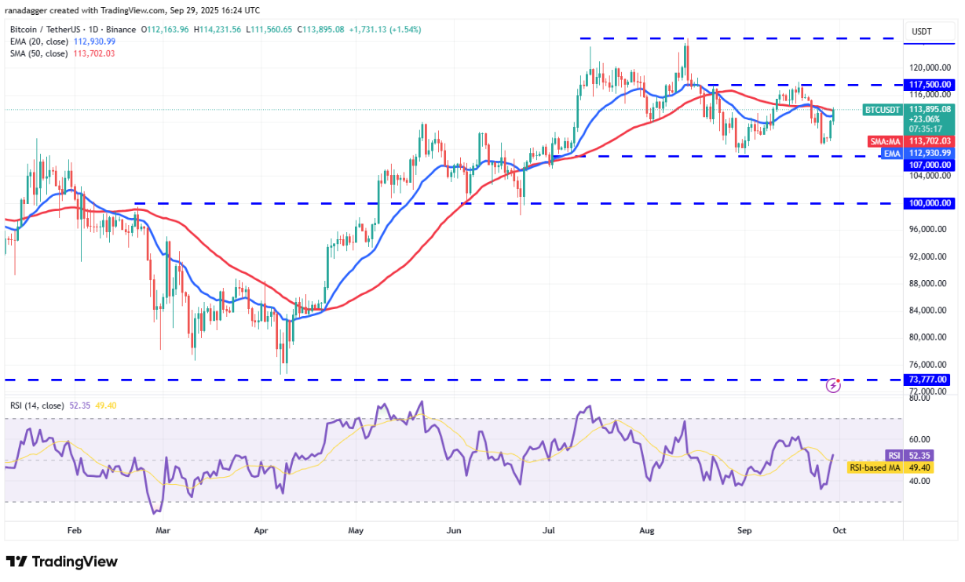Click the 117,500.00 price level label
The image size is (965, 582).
(930, 85)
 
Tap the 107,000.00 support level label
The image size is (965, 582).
(930, 165)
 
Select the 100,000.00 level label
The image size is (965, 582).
(930, 203)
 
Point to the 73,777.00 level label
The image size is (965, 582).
(930, 380)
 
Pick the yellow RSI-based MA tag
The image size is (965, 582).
(875, 468)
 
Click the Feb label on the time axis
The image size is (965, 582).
(74, 530)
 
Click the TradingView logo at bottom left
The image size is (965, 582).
(62, 562)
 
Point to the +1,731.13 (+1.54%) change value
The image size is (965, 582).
(383, 30)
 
